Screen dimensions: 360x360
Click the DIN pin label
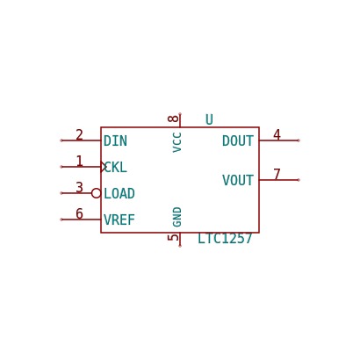point(115,140)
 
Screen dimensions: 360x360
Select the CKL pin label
point(116,168)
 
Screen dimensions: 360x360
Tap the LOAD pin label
point(119,193)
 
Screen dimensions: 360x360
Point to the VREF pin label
point(119,220)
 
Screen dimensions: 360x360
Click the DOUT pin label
point(238,140)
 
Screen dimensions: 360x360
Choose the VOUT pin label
point(238,180)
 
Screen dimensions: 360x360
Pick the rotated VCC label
point(177,142)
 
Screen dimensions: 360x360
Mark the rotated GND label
point(177,217)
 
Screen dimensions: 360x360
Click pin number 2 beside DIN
point(79,135)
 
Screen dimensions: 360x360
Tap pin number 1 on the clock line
point(79,162)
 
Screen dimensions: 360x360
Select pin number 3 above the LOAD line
point(79,188)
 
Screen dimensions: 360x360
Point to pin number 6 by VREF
point(79,214)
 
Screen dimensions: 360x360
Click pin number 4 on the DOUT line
point(277,135)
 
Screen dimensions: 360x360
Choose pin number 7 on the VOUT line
point(277,175)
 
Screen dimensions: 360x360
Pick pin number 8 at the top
point(173,119)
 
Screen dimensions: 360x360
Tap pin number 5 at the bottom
point(173,237)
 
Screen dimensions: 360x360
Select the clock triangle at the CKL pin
point(102,167)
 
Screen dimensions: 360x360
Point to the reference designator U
point(209,119)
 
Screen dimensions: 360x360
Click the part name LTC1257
point(225,238)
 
